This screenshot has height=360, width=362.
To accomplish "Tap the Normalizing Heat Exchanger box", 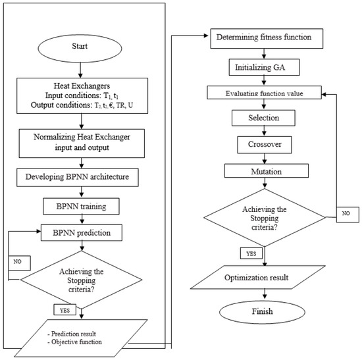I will (80, 141).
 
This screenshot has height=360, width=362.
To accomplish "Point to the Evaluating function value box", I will (267, 92).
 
